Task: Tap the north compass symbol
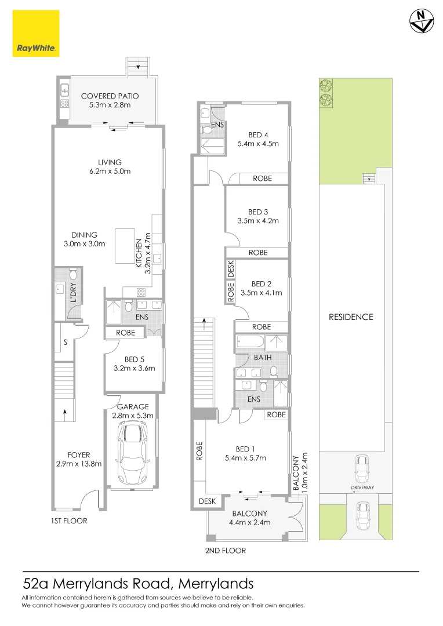coord(422,21)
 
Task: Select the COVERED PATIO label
coord(110,100)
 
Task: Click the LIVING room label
coord(110,167)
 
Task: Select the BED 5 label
coord(135,363)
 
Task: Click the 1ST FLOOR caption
coord(69,521)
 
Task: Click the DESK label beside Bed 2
coord(230,268)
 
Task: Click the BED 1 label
coord(246,453)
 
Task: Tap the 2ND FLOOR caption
coord(226,551)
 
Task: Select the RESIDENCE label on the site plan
coord(351,317)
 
